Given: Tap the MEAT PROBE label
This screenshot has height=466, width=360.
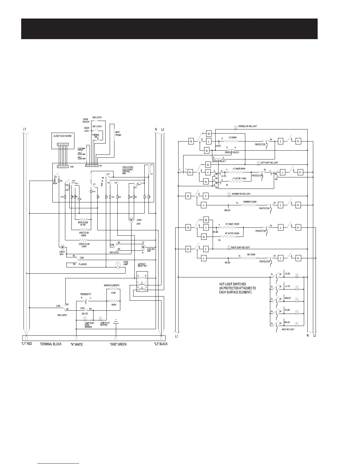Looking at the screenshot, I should click(118, 134).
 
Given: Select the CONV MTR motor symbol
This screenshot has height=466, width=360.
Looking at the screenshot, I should click(131, 219).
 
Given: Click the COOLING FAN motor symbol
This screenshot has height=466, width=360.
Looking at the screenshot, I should click(143, 247).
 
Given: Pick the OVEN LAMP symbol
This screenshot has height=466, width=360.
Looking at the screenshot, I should click(117, 265).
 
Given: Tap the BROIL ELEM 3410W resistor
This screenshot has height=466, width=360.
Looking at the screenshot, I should click(84, 219).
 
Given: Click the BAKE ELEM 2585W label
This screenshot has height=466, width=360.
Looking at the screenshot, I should click(84, 234).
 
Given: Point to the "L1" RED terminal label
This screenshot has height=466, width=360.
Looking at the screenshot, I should click(26, 344).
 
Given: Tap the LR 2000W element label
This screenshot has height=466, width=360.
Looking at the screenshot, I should click(232, 138).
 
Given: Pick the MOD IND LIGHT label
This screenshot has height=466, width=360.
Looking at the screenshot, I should click(288, 329).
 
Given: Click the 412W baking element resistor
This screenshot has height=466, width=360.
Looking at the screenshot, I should click(113, 289).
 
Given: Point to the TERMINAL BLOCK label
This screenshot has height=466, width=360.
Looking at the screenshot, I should click(51, 344).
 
